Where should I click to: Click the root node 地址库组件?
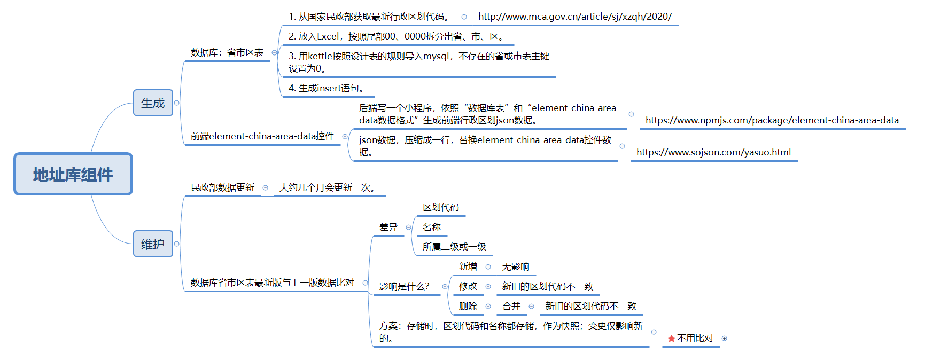73,174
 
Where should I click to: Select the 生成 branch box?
153,103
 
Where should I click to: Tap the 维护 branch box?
153,244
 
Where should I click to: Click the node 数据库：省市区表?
227,52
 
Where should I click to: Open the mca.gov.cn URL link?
575,17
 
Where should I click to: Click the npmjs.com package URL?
772,120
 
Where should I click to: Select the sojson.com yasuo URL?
713,152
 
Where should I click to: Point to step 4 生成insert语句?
327,88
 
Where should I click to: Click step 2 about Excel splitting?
396,36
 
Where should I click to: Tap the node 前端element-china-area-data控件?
262,136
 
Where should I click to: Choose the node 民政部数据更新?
223,187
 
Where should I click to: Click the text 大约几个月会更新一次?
327,187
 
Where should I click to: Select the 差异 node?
388,227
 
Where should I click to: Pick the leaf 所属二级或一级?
454,247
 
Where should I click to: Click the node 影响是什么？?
405,286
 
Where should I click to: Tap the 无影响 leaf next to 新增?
516,267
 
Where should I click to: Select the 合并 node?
511,306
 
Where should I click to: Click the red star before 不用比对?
671,339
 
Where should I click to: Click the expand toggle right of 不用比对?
725,338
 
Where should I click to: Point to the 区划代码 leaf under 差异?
441,207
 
